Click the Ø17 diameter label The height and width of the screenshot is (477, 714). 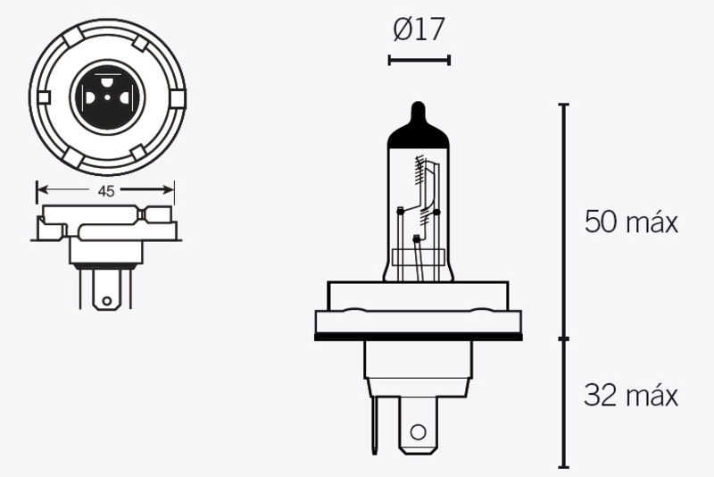(419, 30)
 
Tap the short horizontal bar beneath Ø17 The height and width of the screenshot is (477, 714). (419, 60)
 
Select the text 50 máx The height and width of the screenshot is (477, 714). (631, 222)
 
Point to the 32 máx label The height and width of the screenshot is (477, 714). (631, 394)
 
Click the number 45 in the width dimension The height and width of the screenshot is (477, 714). (105, 189)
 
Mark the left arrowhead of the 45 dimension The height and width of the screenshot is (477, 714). (40, 189)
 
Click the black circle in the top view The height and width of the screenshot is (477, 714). (105, 90)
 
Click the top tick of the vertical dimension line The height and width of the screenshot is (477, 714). (563, 105)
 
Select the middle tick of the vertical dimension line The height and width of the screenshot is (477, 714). (563, 339)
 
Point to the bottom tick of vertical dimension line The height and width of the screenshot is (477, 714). (563, 466)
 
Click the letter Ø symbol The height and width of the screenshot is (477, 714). (401, 30)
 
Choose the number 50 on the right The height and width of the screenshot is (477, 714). (601, 222)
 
